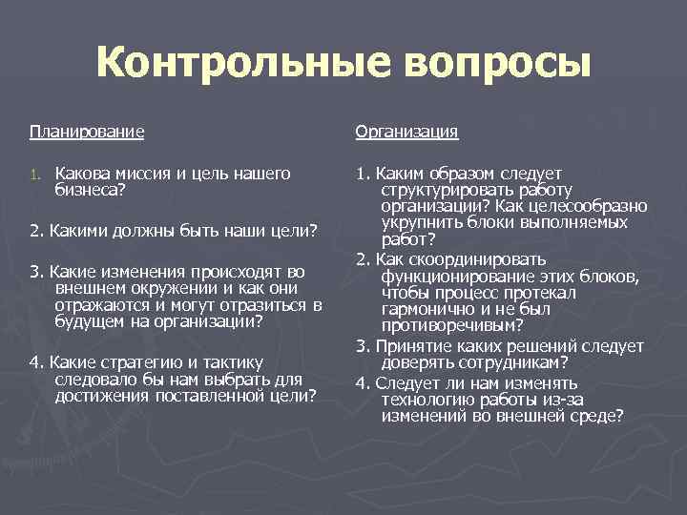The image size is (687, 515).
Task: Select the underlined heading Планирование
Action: tap(87, 131)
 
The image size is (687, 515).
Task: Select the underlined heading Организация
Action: tap(406, 131)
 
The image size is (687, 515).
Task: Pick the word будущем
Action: tap(87, 321)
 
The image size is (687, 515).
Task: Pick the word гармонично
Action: tap(426, 308)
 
